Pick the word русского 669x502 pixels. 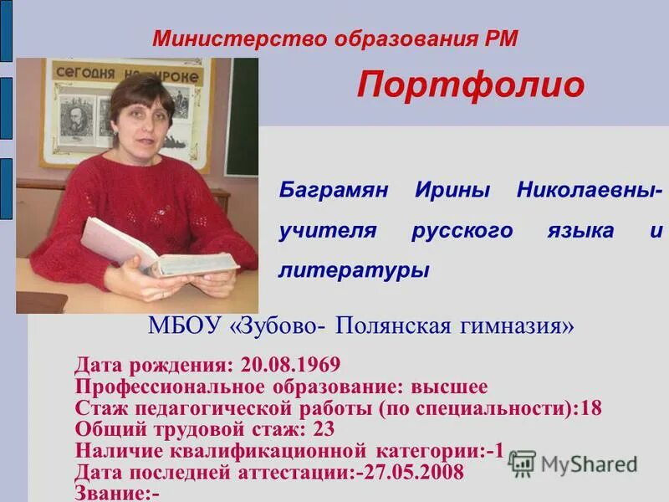pos(462,230)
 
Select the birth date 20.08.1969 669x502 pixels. pos(289,365)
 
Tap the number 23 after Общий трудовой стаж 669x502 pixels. pos(324,430)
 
